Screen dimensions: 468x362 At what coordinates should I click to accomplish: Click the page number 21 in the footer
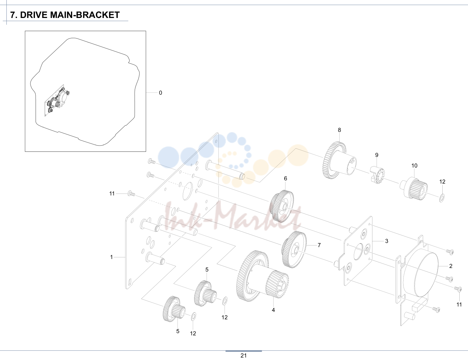click(243, 356)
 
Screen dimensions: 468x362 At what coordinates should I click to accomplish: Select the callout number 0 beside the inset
click(160, 93)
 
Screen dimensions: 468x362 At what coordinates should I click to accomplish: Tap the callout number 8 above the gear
click(339, 130)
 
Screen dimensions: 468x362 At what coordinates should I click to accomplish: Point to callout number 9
click(377, 155)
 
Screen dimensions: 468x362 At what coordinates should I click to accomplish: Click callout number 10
click(414, 166)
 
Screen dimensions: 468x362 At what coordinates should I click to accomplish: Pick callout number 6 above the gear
click(285, 178)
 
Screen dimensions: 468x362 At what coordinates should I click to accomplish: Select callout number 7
click(319, 245)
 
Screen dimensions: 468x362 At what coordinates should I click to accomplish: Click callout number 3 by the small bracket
click(387, 241)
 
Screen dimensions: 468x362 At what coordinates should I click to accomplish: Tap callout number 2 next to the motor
click(451, 266)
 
